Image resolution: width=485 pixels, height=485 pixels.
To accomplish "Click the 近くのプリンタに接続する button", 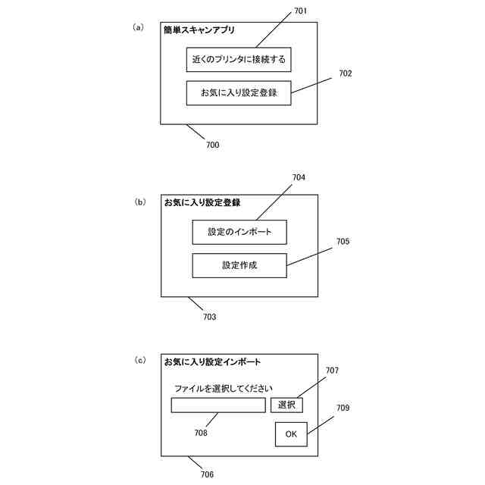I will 239,59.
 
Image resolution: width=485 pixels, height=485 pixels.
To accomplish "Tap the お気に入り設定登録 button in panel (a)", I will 239,92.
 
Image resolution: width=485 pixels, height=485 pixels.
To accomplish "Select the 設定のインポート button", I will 239,232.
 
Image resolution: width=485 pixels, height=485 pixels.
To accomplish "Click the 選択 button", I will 286,405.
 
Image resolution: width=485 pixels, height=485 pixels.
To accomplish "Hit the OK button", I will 291,434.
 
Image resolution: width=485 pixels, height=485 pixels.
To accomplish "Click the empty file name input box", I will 218,405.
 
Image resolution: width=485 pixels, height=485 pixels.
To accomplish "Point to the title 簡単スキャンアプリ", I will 199,30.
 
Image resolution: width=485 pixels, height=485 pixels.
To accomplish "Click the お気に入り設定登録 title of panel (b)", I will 202,202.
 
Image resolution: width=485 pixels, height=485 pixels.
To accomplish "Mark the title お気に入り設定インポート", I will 212,361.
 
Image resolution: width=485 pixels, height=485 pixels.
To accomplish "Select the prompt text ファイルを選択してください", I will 223,389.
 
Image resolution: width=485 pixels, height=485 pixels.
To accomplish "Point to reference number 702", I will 345,74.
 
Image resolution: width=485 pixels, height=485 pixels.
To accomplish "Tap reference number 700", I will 212,144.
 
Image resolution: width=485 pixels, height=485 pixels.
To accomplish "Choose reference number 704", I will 299,177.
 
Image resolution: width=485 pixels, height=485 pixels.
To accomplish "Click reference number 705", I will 343,242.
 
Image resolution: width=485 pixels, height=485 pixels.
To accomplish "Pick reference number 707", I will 332,371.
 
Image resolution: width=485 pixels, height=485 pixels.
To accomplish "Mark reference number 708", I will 200,433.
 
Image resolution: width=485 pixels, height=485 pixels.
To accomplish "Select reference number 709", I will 343,408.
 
